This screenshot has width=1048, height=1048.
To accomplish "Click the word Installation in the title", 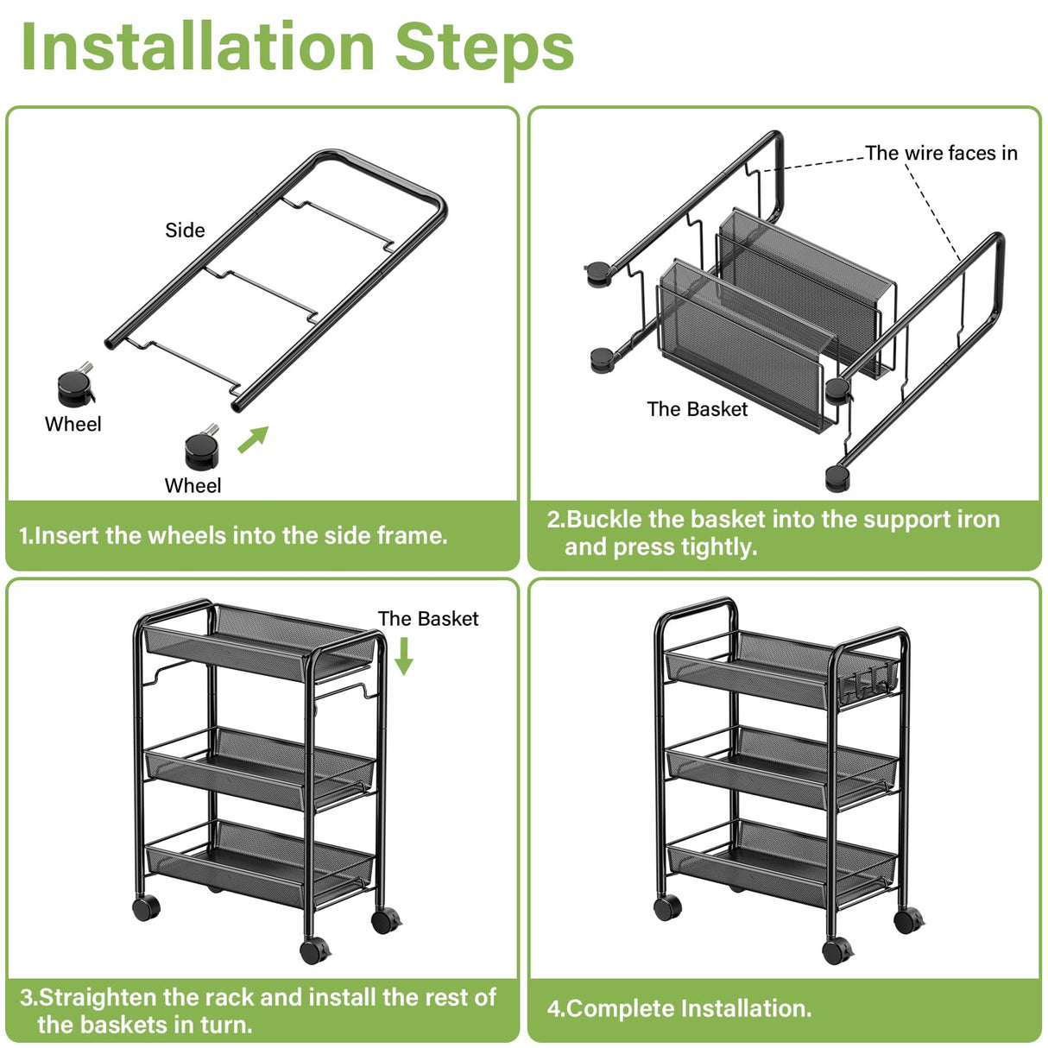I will click(x=198, y=47).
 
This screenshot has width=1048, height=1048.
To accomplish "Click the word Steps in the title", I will click(x=484, y=47).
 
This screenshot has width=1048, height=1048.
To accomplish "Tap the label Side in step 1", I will click(x=185, y=230).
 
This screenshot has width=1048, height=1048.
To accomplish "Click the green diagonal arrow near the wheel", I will click(x=253, y=439).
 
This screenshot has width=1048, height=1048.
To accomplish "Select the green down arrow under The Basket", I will click(x=403, y=657).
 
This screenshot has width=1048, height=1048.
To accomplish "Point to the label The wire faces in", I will click(x=941, y=154).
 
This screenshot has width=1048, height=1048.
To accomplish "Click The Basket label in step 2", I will click(x=697, y=409).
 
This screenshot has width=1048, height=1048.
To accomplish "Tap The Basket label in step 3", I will click(x=427, y=619).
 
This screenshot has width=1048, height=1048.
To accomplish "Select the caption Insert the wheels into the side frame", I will click(x=233, y=536).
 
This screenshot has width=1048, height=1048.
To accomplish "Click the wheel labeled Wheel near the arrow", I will click(x=202, y=447).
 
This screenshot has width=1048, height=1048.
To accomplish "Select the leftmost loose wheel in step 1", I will click(x=76, y=388).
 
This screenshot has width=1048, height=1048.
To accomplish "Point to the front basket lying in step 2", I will click(x=742, y=345).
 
